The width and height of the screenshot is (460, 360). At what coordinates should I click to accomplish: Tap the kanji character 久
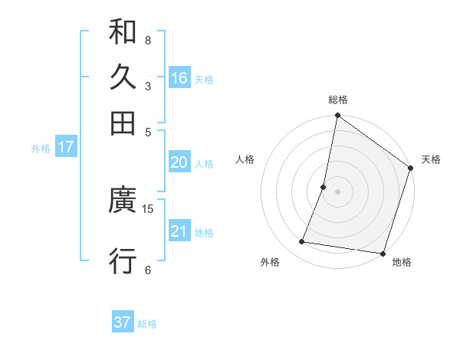(123, 77)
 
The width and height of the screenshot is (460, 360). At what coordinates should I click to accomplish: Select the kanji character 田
(123, 123)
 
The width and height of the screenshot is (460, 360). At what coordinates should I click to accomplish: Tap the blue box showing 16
(179, 78)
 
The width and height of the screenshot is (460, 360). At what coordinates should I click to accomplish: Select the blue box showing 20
(179, 162)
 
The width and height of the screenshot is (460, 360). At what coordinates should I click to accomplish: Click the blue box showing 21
(179, 231)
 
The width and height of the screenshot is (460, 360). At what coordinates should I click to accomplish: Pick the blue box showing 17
(66, 147)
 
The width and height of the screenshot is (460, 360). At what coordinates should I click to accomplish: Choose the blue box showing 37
(123, 322)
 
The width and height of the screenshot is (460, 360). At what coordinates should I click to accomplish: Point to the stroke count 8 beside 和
(148, 40)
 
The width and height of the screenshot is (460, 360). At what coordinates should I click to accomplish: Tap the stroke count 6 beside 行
(148, 269)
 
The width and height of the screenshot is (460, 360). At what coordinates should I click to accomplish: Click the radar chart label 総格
(338, 100)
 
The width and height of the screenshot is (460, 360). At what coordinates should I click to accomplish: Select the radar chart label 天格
(431, 159)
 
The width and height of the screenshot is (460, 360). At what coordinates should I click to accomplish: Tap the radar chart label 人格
(245, 159)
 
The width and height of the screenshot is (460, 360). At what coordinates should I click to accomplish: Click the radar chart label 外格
(270, 263)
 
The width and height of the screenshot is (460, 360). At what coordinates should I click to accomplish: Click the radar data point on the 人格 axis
(324, 187)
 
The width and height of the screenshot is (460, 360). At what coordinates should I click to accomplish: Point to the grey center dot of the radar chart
(338, 191)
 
